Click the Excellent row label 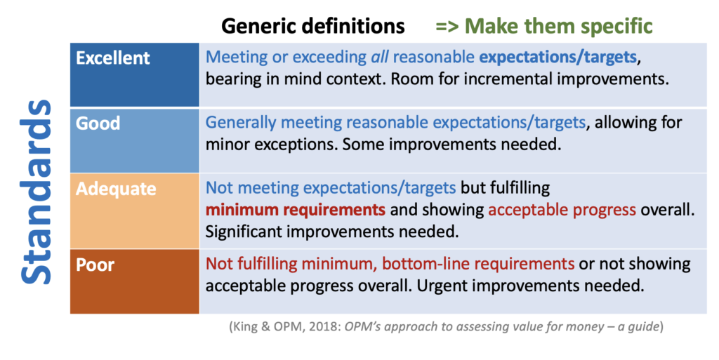pyautogui.click(x=113, y=58)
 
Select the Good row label pyautogui.click(x=98, y=124)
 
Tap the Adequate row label pyautogui.click(x=116, y=189)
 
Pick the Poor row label pyautogui.click(x=95, y=265)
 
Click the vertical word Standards pyautogui.click(x=36, y=192)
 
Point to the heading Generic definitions pyautogui.click(x=313, y=26)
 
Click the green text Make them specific pyautogui.click(x=558, y=26)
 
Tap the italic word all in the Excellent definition pyautogui.click(x=380, y=57)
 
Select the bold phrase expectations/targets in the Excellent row pyautogui.click(x=558, y=58)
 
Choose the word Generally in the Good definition pyautogui.click(x=241, y=123)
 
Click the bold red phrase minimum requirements pyautogui.click(x=296, y=210)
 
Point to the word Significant pyautogui.click(x=244, y=232)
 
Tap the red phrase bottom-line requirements pyautogui.click(x=477, y=264)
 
